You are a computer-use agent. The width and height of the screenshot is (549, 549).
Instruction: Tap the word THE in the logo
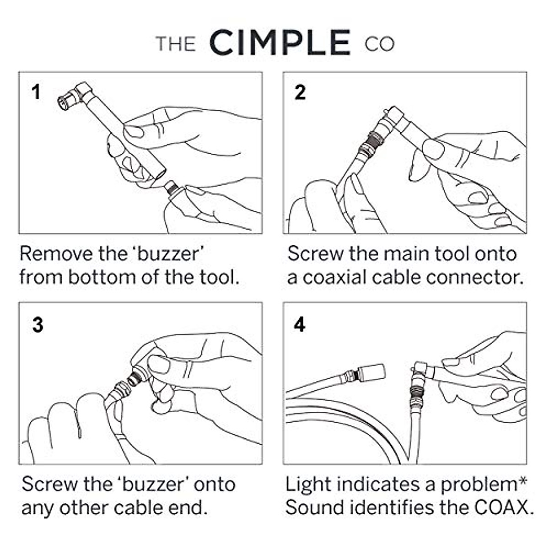click(176, 44)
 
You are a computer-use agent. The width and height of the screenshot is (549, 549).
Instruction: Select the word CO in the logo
click(379, 44)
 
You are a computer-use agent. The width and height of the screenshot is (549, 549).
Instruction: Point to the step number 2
click(300, 92)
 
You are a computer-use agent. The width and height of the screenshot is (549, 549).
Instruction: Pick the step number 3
click(38, 325)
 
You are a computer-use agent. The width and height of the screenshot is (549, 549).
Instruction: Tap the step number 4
click(300, 325)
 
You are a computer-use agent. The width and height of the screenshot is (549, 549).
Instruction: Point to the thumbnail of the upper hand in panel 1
click(135, 132)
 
